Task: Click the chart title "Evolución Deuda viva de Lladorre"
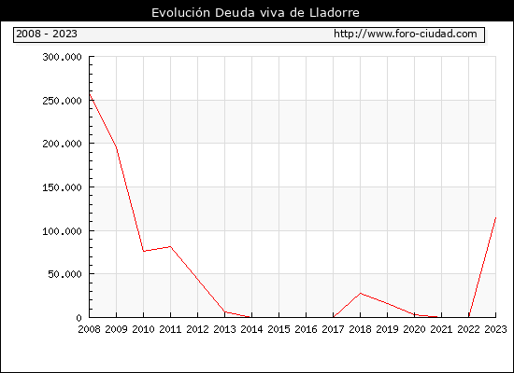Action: coord(255,13)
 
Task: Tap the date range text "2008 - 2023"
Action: coord(47,34)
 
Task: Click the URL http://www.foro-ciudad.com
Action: coord(406,34)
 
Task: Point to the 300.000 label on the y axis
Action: coord(62,57)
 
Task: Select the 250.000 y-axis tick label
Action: coord(62,101)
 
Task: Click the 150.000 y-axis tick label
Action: coord(62,187)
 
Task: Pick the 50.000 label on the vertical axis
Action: coord(64,274)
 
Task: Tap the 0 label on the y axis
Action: coord(79,318)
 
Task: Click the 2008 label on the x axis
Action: coord(89,329)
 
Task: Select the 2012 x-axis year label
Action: coord(198,329)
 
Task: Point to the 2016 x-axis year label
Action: coord(306,329)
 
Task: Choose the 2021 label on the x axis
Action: coord(441,329)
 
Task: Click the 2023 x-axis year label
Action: coord(495,329)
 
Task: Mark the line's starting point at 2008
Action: coord(90,94)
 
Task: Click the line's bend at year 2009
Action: coord(117,147)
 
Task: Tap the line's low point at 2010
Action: coord(144,251)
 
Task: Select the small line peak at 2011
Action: coord(170,246)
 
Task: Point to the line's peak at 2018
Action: coord(360,293)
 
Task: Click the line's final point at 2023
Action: coord(495,217)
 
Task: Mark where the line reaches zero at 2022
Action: coord(469,317)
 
